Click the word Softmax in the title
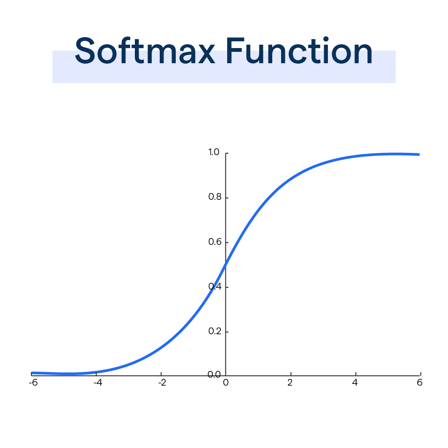(145, 51)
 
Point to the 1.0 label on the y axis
(214, 152)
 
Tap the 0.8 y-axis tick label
(215, 197)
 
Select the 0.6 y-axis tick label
(215, 242)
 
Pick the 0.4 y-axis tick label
(215, 287)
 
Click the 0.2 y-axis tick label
(215, 331)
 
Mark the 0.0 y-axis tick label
(214, 375)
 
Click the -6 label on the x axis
(32, 383)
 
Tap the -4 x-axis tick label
(97, 383)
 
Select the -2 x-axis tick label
(162, 383)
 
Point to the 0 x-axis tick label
(226, 383)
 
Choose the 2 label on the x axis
(290, 383)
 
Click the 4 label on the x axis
(355, 383)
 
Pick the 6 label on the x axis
(420, 383)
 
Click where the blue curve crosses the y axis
(226, 265)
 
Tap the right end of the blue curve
(419, 154)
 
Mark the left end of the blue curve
(32, 373)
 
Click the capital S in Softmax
(88, 51)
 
